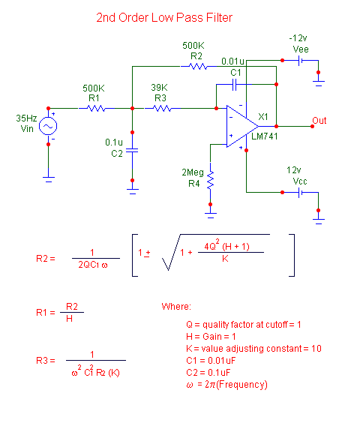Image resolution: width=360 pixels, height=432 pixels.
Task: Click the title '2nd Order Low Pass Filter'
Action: (x=164, y=18)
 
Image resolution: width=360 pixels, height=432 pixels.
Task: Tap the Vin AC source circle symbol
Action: (x=48, y=126)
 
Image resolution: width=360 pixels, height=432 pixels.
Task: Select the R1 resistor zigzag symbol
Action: (x=96, y=108)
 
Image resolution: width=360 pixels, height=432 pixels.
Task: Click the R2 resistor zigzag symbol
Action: (x=198, y=67)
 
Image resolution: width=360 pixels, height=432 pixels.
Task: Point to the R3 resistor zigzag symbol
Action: (x=162, y=108)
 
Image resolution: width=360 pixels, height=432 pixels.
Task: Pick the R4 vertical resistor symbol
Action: (x=211, y=180)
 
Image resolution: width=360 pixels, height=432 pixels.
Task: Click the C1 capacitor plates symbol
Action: (x=235, y=84)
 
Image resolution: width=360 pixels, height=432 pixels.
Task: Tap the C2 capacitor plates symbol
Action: (x=132, y=151)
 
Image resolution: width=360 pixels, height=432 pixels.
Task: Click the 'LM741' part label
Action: (x=265, y=136)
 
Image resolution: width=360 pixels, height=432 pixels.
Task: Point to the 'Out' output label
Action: (x=319, y=121)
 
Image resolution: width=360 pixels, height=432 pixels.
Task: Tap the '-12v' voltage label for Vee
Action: (x=298, y=38)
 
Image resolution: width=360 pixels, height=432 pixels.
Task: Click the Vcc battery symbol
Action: (x=301, y=192)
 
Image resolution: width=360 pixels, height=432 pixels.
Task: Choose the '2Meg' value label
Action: (x=193, y=172)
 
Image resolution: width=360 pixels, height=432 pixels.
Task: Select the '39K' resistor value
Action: (x=159, y=88)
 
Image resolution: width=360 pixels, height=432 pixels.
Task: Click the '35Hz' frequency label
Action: (x=26, y=118)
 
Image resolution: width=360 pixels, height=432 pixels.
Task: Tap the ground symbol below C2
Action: (x=133, y=191)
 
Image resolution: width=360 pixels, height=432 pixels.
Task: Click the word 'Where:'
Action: (x=176, y=306)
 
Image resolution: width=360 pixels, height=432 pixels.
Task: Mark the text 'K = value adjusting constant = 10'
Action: (x=253, y=349)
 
